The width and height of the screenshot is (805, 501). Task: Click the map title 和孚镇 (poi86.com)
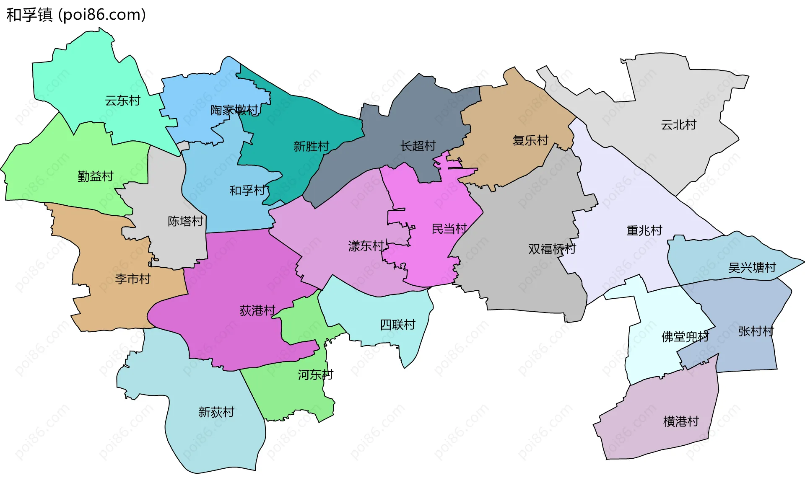coord(76,15)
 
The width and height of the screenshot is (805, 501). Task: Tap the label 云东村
coord(122,101)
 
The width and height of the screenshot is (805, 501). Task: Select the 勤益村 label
coord(96,176)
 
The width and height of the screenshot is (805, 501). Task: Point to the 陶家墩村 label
coord(234,111)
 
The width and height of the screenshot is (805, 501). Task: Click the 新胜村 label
coord(311,147)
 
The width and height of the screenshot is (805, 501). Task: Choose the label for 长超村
coord(418,146)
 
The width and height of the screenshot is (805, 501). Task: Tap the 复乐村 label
coord(530,140)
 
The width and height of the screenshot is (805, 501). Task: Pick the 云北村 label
coord(678,125)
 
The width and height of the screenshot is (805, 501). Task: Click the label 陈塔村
coord(185,221)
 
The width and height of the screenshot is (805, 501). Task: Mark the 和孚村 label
coord(247,191)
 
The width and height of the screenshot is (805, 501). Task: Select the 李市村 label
coord(133,279)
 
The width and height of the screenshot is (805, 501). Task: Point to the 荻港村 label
coord(257,311)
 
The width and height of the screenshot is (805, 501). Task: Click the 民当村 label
coord(449,229)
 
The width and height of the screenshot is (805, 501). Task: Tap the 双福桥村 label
coord(552,249)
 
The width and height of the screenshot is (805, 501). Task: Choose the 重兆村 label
coord(644,231)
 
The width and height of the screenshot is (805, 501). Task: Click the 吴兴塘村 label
coord(752,268)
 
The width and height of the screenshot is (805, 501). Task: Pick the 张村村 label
coord(756,332)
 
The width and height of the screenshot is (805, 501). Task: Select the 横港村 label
coord(681,421)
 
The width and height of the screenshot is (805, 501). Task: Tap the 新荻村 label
coord(216,413)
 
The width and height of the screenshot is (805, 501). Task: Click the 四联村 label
coord(397,325)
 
